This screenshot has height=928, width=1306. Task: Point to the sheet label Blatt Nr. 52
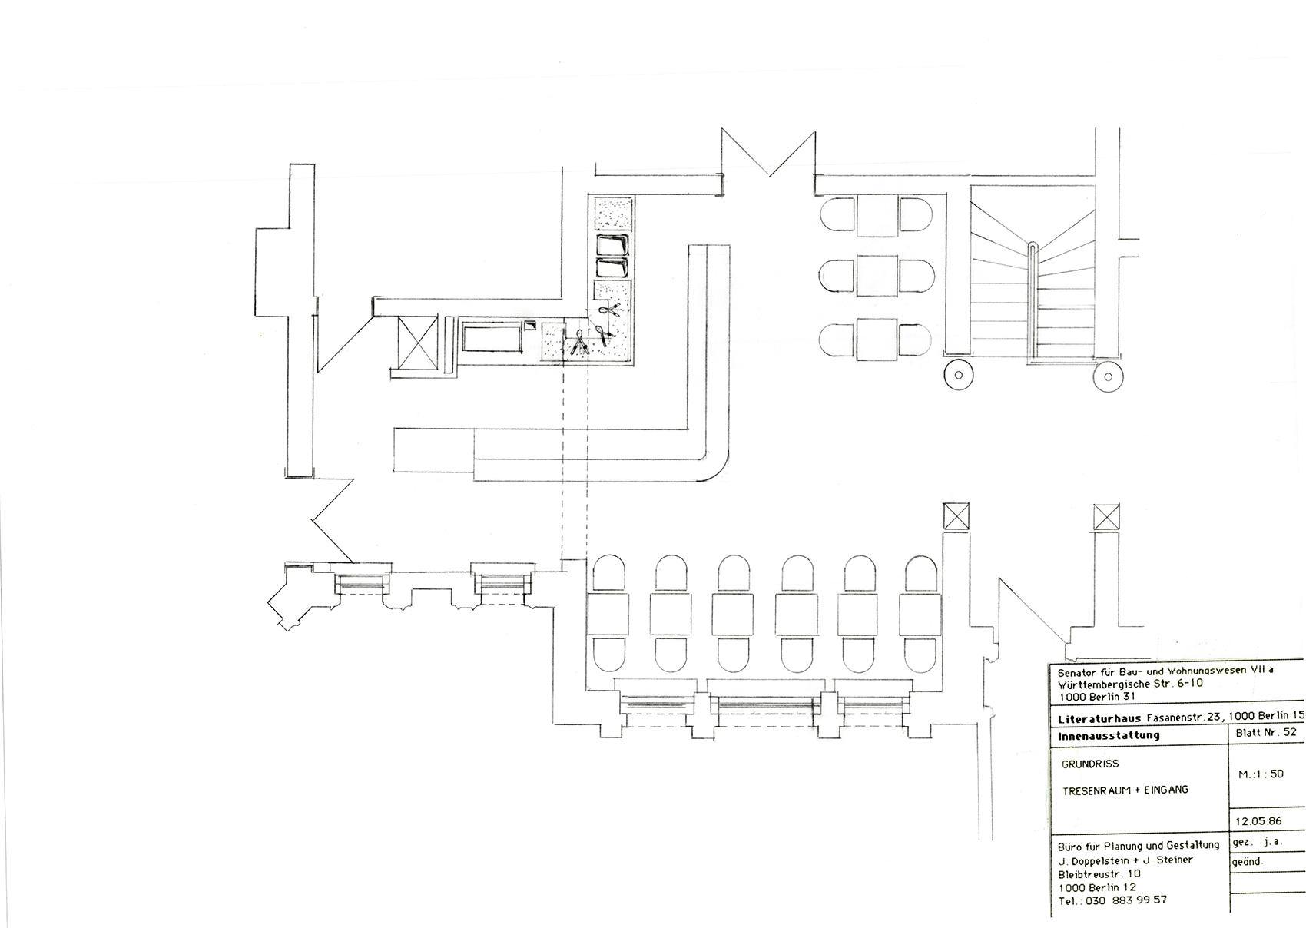[1265, 732]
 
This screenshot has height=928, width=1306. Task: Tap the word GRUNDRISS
[1090, 764]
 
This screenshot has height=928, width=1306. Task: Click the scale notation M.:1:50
[1261, 774]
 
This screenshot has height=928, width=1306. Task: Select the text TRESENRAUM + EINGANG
[1125, 790]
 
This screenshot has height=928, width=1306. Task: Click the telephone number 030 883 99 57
[1126, 900]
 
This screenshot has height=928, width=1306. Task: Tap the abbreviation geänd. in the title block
[1248, 862]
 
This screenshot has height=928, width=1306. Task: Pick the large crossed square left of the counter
[415, 342]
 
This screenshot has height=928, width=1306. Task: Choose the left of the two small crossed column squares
[956, 515]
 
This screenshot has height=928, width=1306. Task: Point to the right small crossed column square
[1107, 515]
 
